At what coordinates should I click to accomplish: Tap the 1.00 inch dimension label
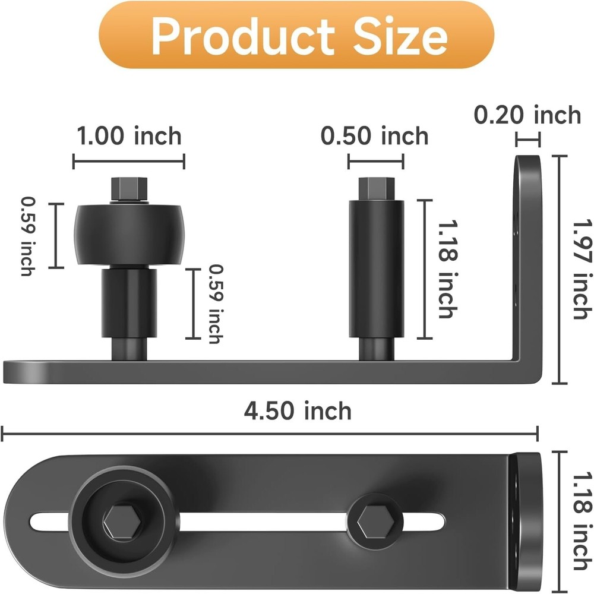point(129,137)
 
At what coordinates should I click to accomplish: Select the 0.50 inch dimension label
point(375,137)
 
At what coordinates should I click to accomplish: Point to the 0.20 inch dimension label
point(527,115)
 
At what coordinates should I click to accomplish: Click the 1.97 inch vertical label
point(579,269)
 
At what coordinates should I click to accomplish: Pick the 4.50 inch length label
point(298,410)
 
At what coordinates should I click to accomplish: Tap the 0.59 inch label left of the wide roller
point(27,236)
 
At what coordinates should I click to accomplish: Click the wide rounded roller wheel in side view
point(129,235)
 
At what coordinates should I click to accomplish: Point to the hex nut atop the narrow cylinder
point(375,189)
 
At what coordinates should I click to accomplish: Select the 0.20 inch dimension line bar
point(528,141)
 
